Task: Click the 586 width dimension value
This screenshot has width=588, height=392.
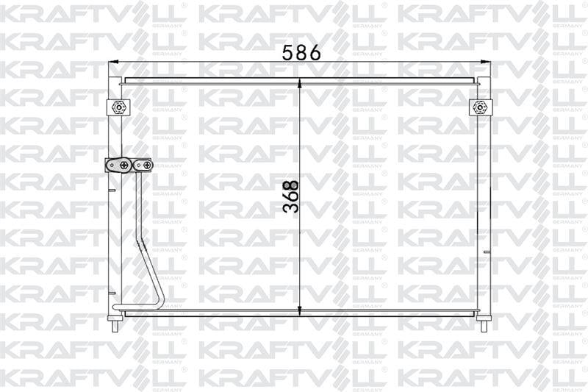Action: [x=302, y=52]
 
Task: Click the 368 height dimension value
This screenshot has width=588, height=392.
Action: [x=291, y=196]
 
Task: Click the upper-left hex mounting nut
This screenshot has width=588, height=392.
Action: [x=117, y=107]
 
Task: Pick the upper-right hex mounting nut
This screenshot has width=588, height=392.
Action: [x=481, y=107]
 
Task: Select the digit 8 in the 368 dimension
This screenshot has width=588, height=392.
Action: [x=291, y=185]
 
